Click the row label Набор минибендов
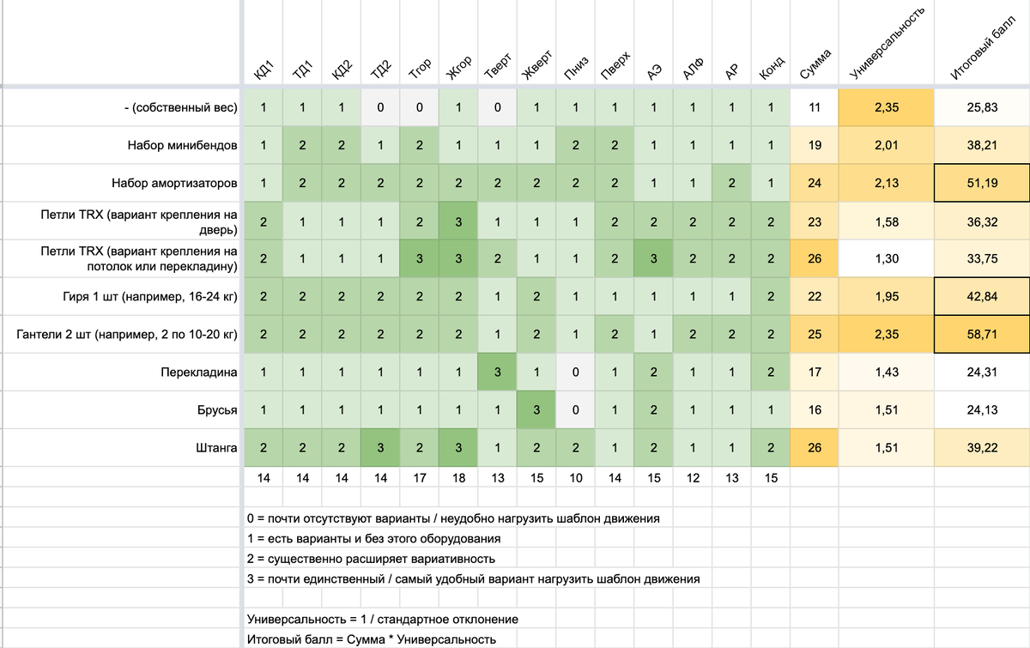(x=183, y=146)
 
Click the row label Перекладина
(x=198, y=373)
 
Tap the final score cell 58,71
(x=981, y=334)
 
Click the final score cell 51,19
(x=981, y=184)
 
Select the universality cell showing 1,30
(x=886, y=258)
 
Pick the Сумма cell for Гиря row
(x=815, y=296)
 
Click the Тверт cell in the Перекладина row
(x=498, y=372)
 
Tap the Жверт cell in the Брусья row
(x=536, y=410)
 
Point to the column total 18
(x=458, y=478)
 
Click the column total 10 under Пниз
(x=575, y=478)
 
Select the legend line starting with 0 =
(x=456, y=518)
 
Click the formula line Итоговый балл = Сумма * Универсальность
(x=371, y=639)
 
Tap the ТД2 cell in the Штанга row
(x=380, y=447)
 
